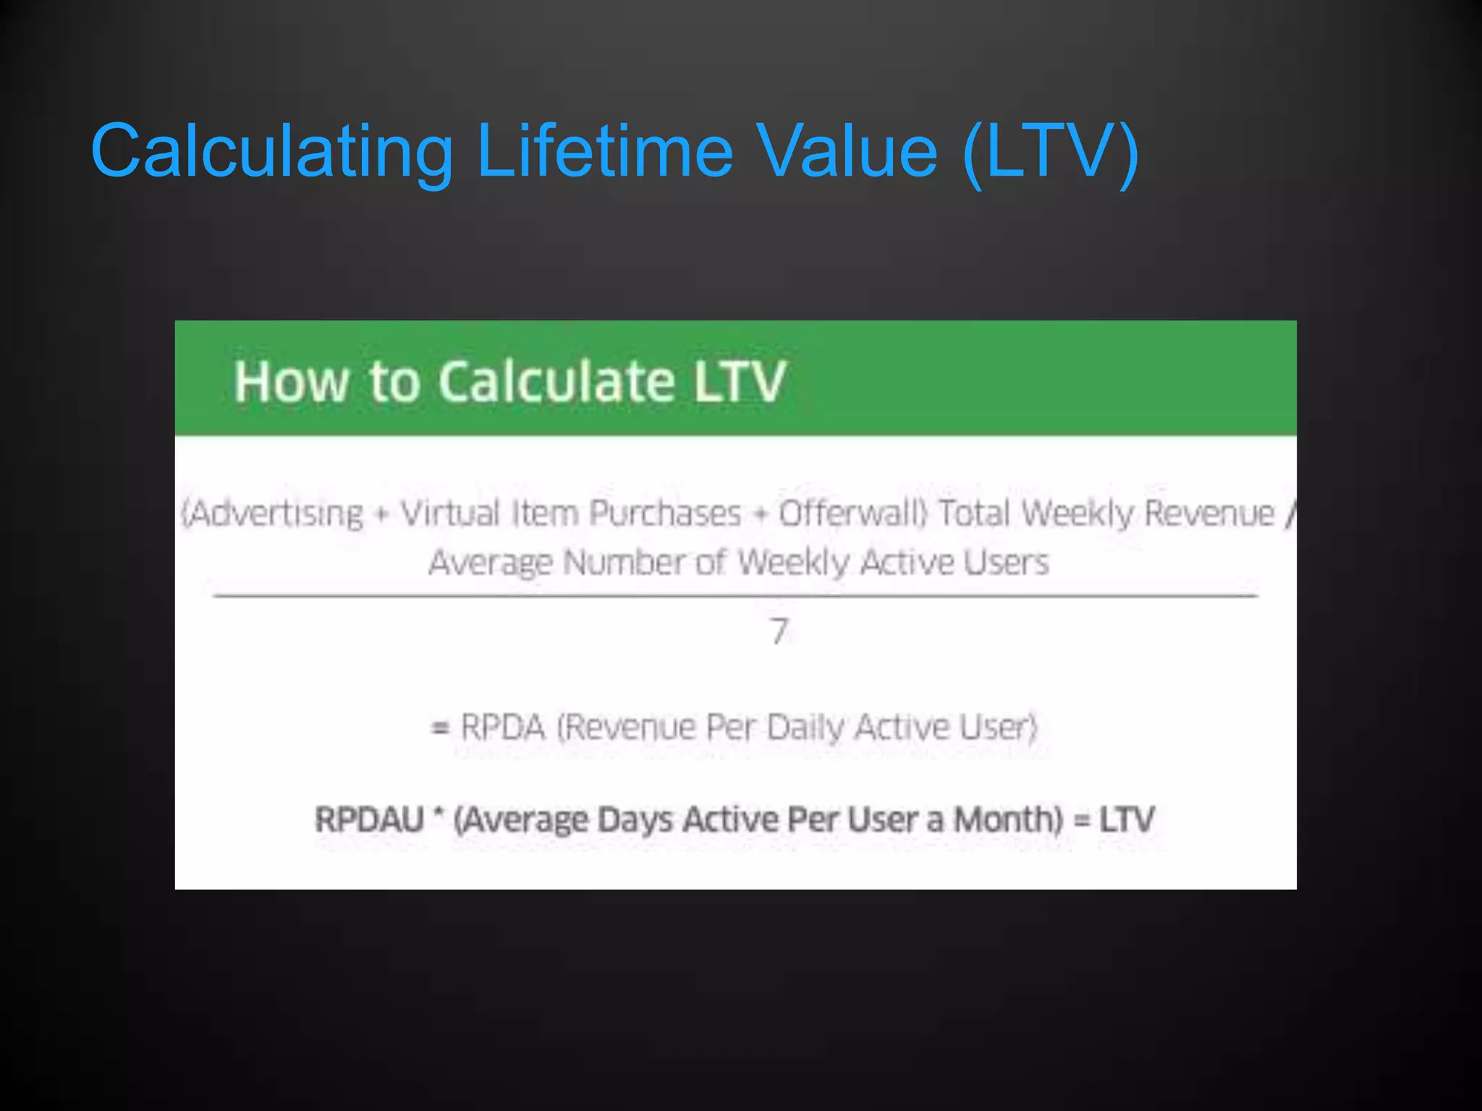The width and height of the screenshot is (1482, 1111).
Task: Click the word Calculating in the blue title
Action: click(x=271, y=152)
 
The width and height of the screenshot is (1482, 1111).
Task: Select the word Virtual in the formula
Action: click(x=450, y=514)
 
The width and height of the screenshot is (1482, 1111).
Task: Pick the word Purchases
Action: click(x=665, y=514)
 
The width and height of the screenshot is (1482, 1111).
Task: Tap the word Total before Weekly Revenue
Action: click(x=975, y=514)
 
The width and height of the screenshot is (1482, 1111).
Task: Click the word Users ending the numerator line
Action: click(x=1007, y=563)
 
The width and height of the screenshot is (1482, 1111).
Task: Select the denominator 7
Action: click(x=779, y=631)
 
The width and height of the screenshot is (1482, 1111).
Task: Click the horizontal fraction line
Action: click(x=735, y=596)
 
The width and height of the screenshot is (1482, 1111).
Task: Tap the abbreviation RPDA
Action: click(x=503, y=728)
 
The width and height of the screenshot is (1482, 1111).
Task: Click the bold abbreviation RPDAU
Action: click(x=369, y=820)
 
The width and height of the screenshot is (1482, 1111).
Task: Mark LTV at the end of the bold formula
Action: click(x=1127, y=820)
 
